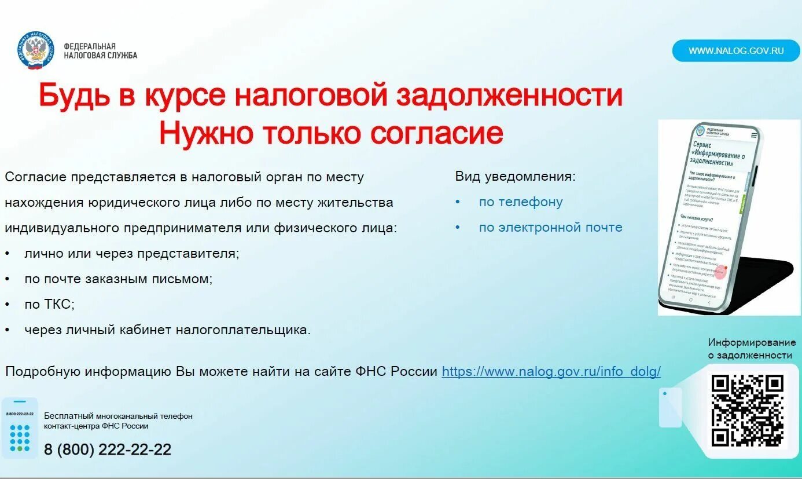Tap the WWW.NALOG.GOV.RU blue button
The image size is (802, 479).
point(736,50)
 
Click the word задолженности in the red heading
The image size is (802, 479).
point(509,96)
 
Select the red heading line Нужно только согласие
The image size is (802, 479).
point(331,133)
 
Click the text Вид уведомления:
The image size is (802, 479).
point(515,177)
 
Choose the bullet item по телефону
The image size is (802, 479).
point(520,202)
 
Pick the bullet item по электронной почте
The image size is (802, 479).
point(550,228)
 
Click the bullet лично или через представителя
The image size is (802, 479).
point(131,254)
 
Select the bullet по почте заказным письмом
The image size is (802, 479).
point(118,279)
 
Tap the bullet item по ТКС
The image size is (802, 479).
point(49,304)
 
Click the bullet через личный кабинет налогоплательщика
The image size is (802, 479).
point(167,330)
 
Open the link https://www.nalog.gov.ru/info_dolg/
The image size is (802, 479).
point(551,371)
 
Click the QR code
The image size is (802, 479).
point(748,411)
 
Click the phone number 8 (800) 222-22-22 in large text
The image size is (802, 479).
point(108,449)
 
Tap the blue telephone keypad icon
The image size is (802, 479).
point(20,428)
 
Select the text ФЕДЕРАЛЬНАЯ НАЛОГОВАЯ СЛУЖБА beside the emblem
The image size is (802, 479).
point(100,51)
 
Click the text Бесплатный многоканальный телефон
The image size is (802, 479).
point(118,416)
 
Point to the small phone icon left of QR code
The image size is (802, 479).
point(670,407)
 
